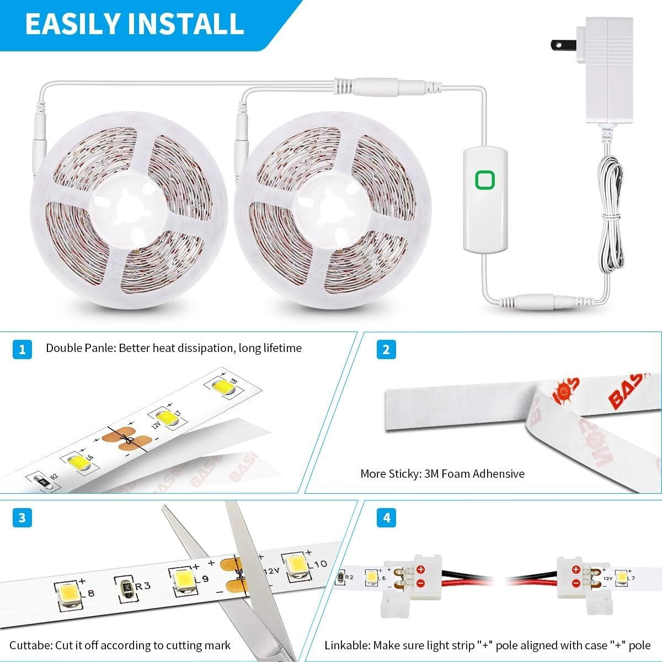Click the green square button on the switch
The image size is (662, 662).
[485, 180]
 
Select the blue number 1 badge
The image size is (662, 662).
[22, 349]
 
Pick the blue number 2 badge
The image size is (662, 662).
[386, 349]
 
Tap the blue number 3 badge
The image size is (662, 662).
[22, 518]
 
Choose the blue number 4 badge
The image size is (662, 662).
[386, 518]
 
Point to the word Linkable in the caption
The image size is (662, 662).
[346, 645]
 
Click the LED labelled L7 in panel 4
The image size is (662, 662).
[622, 578]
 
